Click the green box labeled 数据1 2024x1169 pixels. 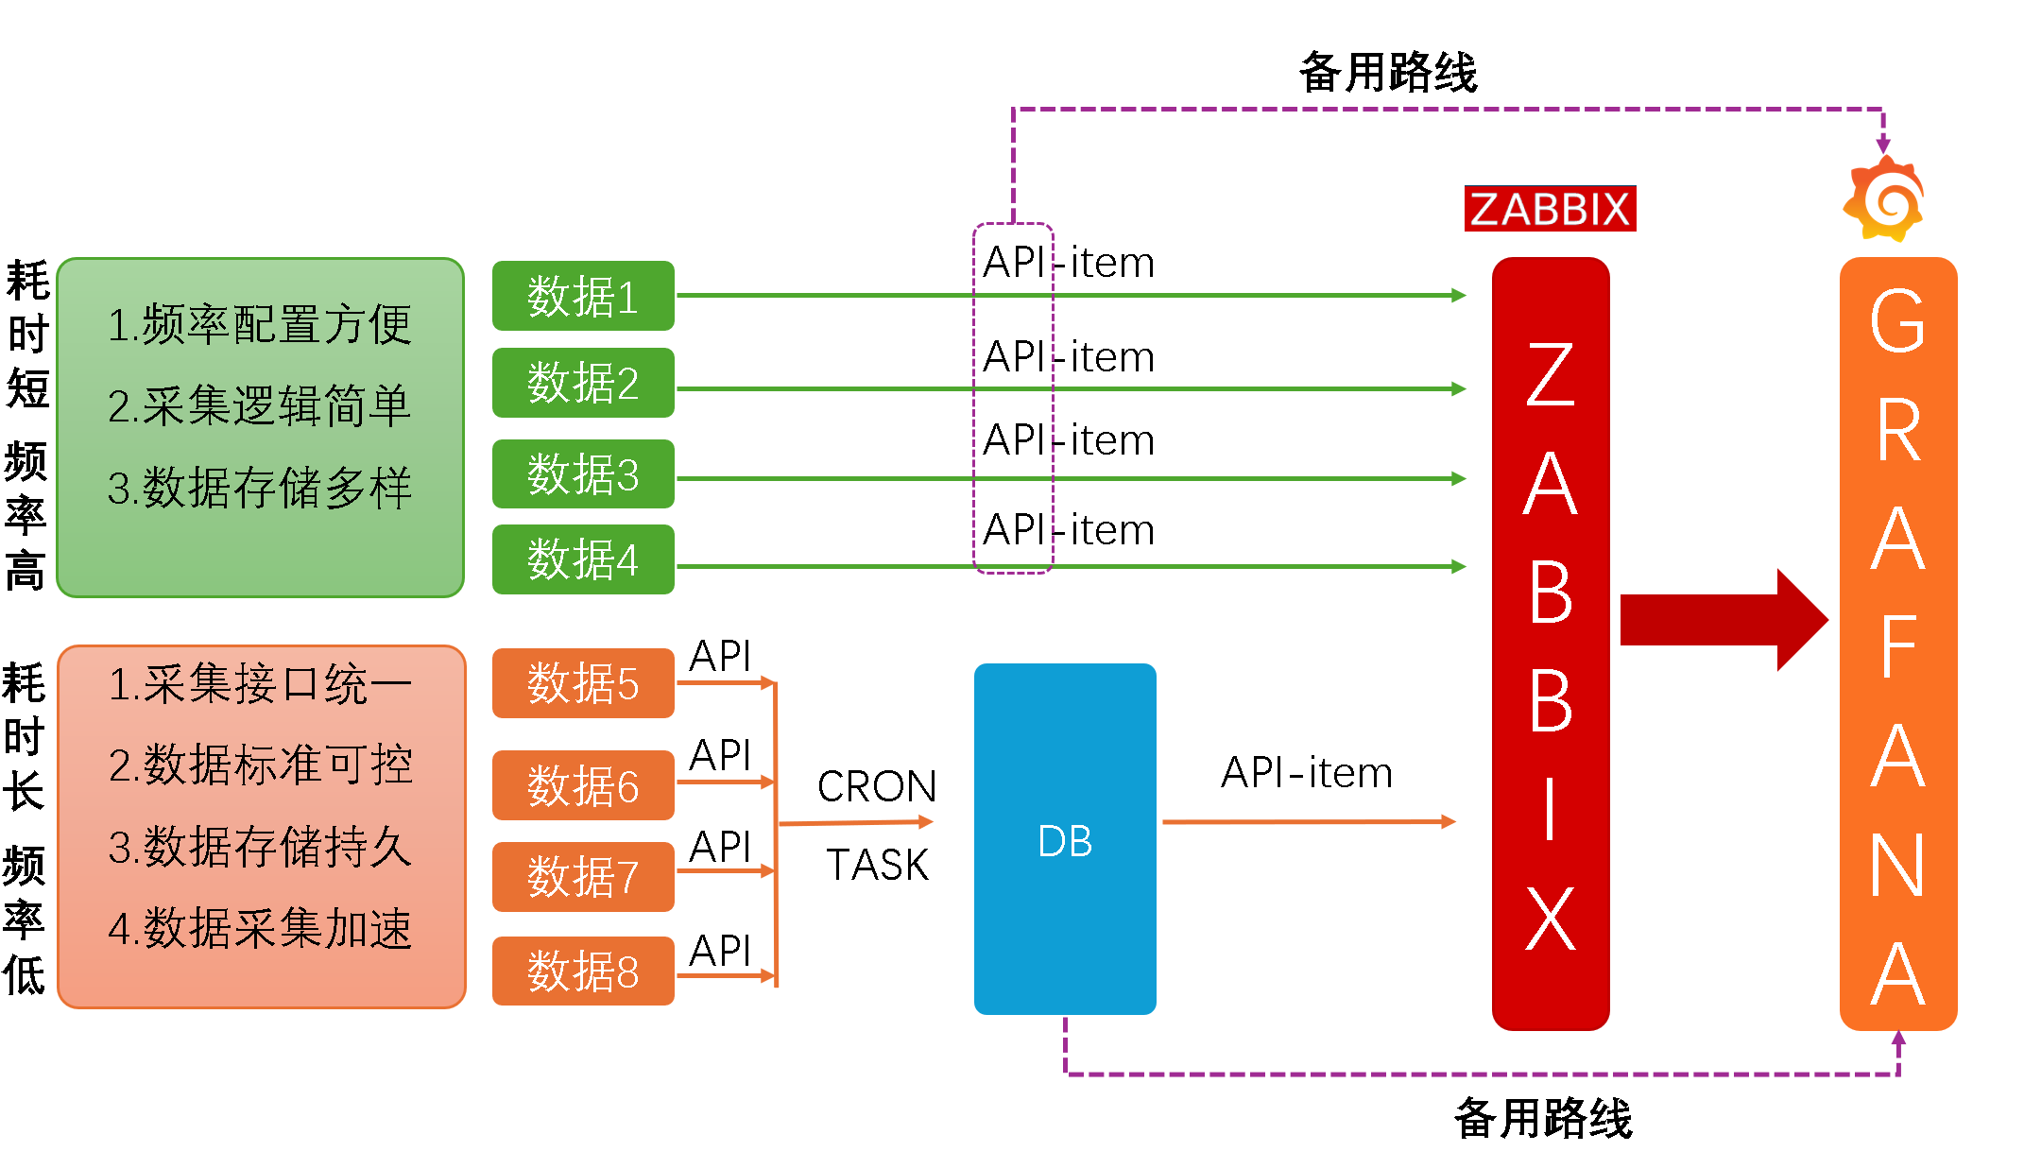tap(583, 296)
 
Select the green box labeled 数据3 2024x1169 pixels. tap(583, 473)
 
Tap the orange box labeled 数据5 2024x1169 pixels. tap(583, 683)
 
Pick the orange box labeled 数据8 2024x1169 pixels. tap(583, 971)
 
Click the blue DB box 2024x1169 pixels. tap(1065, 839)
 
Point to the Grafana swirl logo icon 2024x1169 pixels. tap(1884, 199)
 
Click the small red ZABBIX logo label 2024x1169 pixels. tap(1550, 209)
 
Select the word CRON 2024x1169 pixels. tap(877, 786)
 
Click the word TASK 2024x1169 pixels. tap(877, 865)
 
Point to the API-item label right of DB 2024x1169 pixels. tap(1307, 773)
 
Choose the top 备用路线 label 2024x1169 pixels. tap(1388, 73)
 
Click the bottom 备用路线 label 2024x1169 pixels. tap(1543, 1119)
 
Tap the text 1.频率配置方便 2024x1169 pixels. tap(260, 325)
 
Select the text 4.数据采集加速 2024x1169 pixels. tap(260, 928)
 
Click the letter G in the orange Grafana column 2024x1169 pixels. tap(1897, 321)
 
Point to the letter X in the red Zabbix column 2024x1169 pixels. tap(1551, 919)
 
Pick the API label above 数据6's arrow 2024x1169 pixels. tap(720, 755)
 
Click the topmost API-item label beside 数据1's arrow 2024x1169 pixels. tap(1069, 263)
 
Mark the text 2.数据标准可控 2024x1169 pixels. tap(260, 765)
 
